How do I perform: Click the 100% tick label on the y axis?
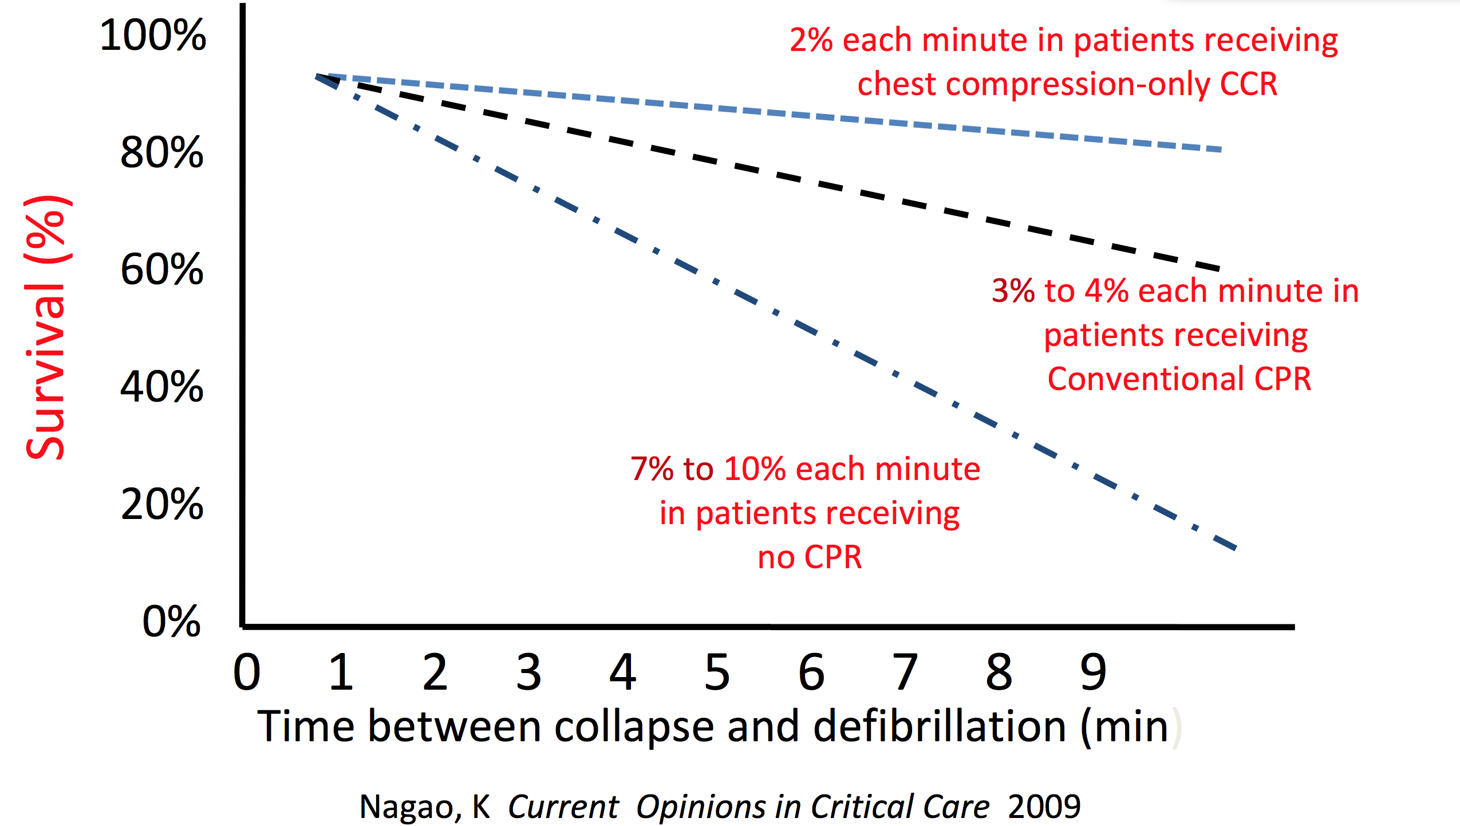[x=153, y=36]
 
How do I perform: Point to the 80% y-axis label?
[x=162, y=153]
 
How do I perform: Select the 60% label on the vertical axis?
[x=162, y=269]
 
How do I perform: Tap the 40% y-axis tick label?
[x=162, y=387]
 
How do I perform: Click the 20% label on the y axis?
[x=162, y=504]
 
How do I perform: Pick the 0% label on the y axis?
[x=171, y=622]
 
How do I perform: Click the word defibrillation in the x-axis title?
[x=939, y=726]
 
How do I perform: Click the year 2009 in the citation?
[x=1044, y=807]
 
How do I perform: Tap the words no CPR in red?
[x=810, y=557]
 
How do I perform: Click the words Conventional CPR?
[x=1179, y=379]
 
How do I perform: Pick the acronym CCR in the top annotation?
[x=1248, y=84]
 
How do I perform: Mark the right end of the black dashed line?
[x=1219, y=268]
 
